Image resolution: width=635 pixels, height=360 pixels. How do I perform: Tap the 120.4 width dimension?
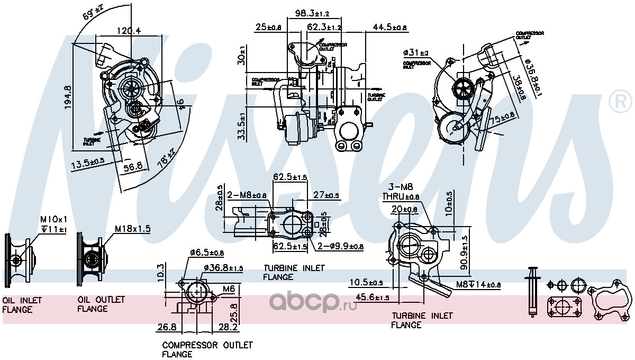click(129, 31)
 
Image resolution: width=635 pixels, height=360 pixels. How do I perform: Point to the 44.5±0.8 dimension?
click(389, 27)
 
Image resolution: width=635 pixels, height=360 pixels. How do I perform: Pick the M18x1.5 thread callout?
click(133, 229)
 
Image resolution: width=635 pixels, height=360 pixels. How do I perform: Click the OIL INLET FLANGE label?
click(22, 304)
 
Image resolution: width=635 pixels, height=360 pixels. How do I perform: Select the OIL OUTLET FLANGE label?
click(101, 304)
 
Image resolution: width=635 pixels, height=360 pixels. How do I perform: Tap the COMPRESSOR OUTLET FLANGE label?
click(207, 349)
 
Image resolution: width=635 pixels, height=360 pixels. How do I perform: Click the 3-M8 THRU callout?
click(401, 192)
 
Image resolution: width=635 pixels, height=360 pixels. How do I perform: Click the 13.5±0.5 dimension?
click(88, 165)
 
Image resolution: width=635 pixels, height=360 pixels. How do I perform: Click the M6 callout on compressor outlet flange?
click(228, 289)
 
